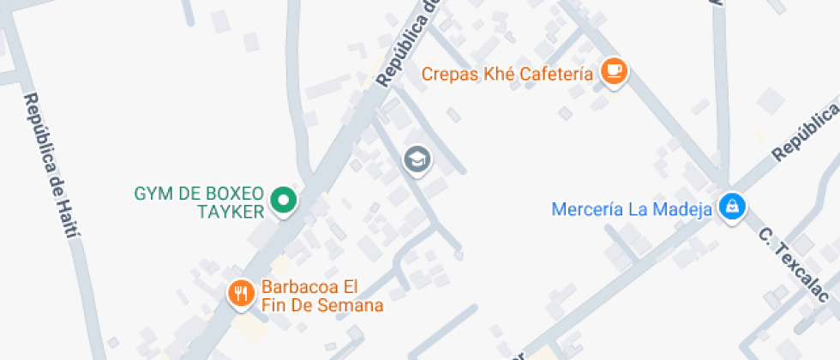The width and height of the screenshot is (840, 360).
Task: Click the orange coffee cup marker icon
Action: [x=614, y=71]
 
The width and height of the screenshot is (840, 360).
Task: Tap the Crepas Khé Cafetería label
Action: [x=507, y=75]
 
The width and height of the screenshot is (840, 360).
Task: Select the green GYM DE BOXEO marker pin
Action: [x=283, y=201]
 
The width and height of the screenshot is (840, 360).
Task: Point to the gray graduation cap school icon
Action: [x=417, y=159]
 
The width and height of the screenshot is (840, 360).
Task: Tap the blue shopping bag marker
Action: [x=732, y=206]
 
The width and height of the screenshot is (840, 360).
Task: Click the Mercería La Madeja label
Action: [x=633, y=208]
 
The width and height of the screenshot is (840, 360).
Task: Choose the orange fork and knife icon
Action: [x=241, y=294]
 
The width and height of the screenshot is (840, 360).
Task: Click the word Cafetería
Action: [x=555, y=75]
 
